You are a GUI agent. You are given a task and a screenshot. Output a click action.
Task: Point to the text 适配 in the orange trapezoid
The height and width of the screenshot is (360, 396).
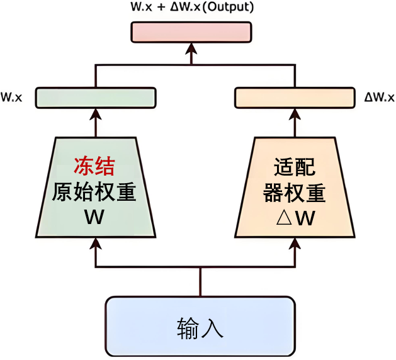point(294,167)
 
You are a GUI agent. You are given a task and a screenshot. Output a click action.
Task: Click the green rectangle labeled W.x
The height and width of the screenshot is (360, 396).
point(95,98)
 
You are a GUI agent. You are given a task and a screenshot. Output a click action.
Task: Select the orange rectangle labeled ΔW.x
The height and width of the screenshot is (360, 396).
point(295,98)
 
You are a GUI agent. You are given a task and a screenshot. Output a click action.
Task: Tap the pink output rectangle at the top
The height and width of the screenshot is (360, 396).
point(191,32)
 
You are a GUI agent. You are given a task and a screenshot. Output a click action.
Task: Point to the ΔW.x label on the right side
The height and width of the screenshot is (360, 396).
point(379,98)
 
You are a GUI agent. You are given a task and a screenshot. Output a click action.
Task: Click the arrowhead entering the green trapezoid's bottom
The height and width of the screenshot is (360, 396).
point(95,243)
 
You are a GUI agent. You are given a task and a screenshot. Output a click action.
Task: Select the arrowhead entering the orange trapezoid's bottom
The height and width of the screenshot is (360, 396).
point(295,243)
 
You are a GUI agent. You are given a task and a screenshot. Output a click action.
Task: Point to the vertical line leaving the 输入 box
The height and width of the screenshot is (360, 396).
point(200,282)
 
